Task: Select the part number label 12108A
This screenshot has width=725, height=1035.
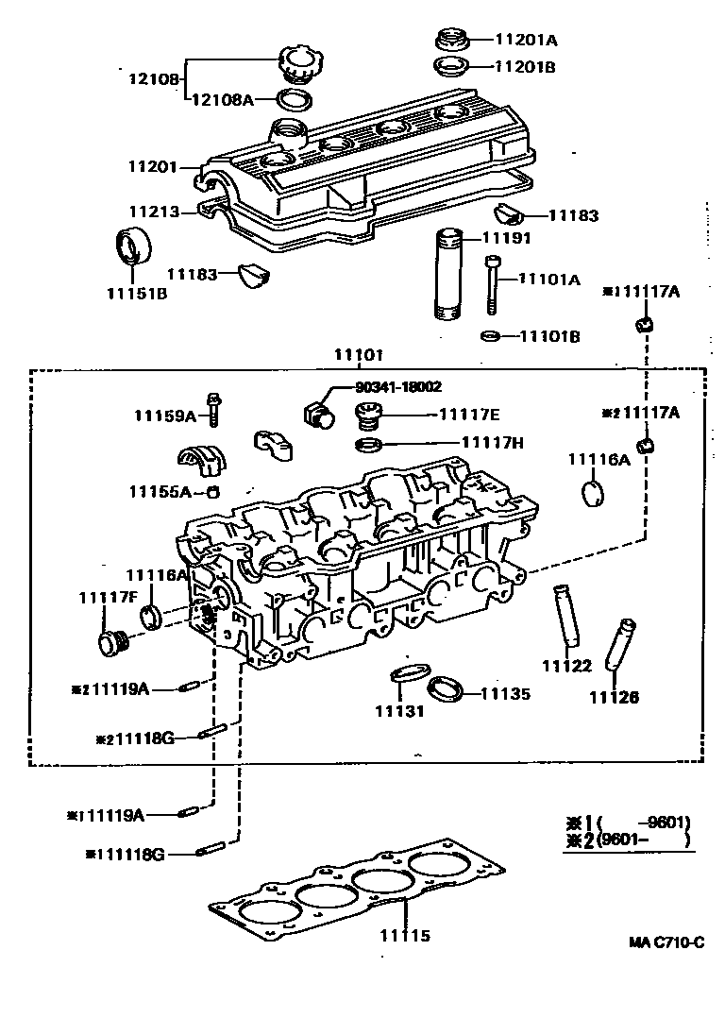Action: [x=223, y=98]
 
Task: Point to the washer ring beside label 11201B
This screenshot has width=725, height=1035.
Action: [x=451, y=67]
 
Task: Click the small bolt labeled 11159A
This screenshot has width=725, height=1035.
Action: [x=215, y=409]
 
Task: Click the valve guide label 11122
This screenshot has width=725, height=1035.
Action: [x=566, y=666]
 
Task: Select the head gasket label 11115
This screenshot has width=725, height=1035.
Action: [x=405, y=936]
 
